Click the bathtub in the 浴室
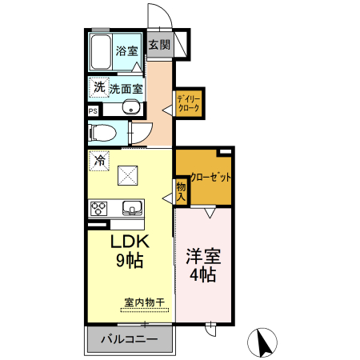point(101,52)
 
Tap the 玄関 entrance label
point(159,45)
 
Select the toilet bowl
point(103,133)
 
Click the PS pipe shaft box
point(93,111)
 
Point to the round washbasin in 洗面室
point(131,107)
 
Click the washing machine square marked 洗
point(99,87)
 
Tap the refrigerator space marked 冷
point(99,161)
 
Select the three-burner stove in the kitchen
point(99,208)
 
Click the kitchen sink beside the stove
point(132,208)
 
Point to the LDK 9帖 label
point(130,251)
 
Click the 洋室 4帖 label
point(203,266)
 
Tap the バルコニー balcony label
point(129,339)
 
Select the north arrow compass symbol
point(262,342)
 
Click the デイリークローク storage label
point(189,103)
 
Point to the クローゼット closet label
point(210,177)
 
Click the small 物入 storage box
point(181,192)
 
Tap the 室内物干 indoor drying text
point(144,302)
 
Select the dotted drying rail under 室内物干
point(145,310)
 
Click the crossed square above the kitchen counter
point(128,175)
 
